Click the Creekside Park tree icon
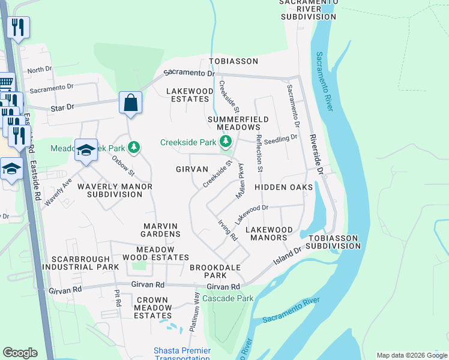226,142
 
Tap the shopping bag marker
130,103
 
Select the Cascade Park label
228,298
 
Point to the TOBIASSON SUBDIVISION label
333,242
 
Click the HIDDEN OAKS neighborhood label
283,188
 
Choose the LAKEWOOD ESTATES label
190,95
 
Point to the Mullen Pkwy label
242,182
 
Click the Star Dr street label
62,106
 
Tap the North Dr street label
40,70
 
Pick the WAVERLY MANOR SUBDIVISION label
115,190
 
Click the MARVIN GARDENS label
161,229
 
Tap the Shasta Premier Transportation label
182,354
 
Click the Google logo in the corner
20,353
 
